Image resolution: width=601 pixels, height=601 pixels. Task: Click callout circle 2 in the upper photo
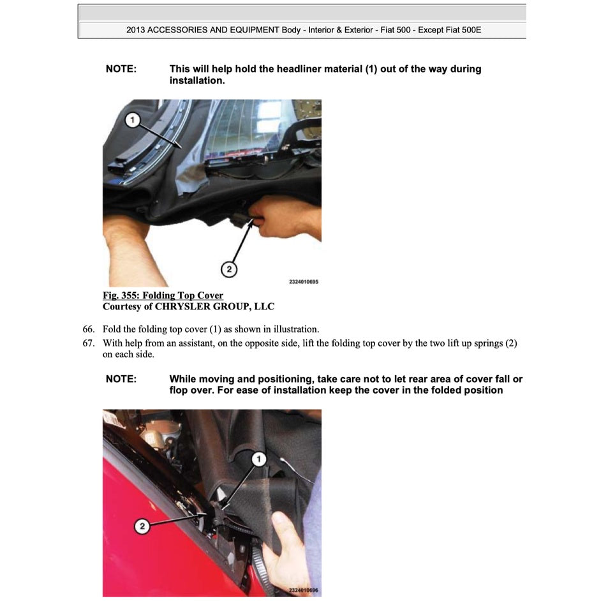(x=228, y=270)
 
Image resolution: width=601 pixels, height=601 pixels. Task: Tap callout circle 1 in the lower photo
(x=258, y=459)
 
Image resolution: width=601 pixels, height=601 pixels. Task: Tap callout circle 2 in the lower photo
(x=142, y=526)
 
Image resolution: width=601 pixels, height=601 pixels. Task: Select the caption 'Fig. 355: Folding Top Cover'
(x=163, y=295)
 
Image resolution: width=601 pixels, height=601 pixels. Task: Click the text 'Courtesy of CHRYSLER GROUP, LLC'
(x=188, y=307)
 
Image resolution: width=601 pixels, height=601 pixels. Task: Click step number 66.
(x=89, y=329)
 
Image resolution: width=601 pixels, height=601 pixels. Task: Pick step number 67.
(x=89, y=343)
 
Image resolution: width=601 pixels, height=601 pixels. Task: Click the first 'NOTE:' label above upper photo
(x=121, y=69)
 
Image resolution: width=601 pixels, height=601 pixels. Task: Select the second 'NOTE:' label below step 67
(x=121, y=379)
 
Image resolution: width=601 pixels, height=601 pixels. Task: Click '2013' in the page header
(x=136, y=30)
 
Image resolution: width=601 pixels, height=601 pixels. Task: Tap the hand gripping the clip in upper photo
(x=281, y=217)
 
